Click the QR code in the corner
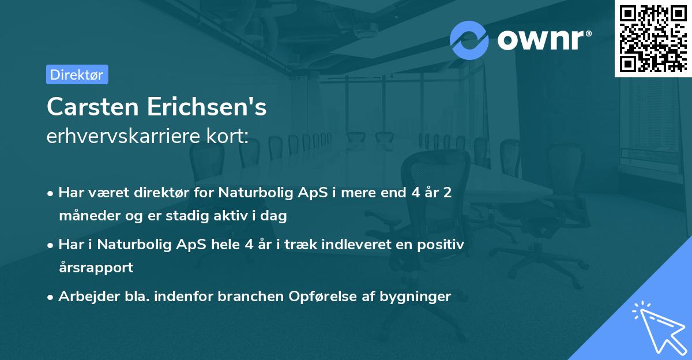653,38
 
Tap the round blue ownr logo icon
469,39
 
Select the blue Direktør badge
77,74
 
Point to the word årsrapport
96,268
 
